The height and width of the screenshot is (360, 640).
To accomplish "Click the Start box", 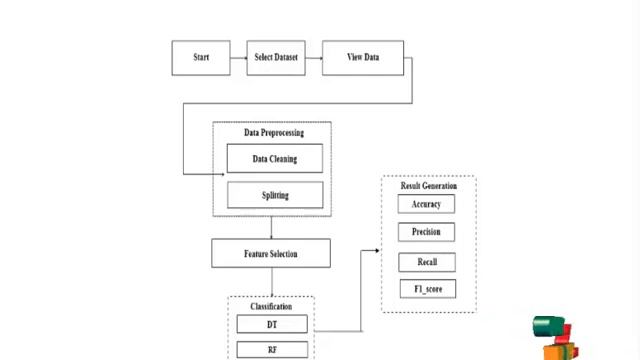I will coord(200,57).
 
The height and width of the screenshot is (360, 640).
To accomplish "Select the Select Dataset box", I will coord(276,57).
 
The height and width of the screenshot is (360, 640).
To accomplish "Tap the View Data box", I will coord(363,57).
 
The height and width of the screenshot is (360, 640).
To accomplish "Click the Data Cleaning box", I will coord(275,159).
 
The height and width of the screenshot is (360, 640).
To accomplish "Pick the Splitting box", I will coord(275,195).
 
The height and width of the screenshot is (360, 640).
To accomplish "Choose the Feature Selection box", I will coord(271,253).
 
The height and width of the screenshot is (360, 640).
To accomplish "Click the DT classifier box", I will coord(272,324).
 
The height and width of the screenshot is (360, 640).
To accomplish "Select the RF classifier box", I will coord(272,350).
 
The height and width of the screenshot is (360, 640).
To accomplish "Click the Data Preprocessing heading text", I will coord(273,132).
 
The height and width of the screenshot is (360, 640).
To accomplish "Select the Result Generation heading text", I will coord(429,186).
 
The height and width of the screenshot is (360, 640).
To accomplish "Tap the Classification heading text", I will coord(271,306).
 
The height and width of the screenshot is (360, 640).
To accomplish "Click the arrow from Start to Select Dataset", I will coord(238,57).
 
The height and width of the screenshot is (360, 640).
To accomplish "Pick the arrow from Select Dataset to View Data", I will coord(313,57).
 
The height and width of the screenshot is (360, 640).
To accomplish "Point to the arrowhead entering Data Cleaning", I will coord(222,174).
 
